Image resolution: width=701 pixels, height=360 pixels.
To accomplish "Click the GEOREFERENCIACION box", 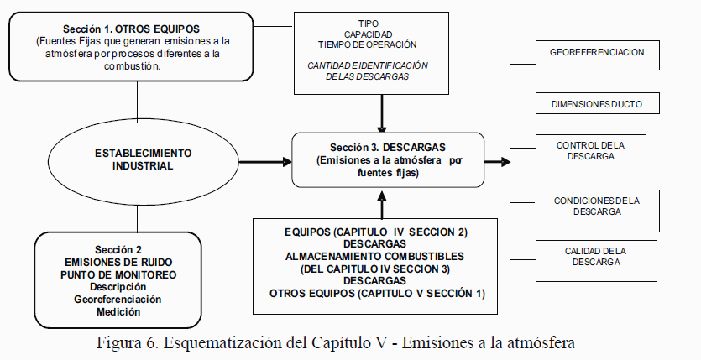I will pos(597,53).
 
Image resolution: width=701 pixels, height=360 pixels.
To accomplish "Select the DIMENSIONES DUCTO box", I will pos(597,104).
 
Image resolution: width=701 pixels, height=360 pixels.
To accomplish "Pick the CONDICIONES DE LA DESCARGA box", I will pos(597,206).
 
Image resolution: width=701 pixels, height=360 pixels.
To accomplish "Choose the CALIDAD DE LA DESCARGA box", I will pos(597,257).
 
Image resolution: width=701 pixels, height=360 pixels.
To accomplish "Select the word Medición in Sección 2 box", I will pos(118,311).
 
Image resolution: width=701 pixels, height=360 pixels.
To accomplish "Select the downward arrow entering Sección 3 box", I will pos(383,113).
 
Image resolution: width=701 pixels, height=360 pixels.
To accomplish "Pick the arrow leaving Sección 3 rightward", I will pos(497,159).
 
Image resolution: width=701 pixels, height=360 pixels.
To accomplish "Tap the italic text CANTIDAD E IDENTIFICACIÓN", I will pos(367,65).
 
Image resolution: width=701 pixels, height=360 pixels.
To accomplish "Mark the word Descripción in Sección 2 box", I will pos(118,286).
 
